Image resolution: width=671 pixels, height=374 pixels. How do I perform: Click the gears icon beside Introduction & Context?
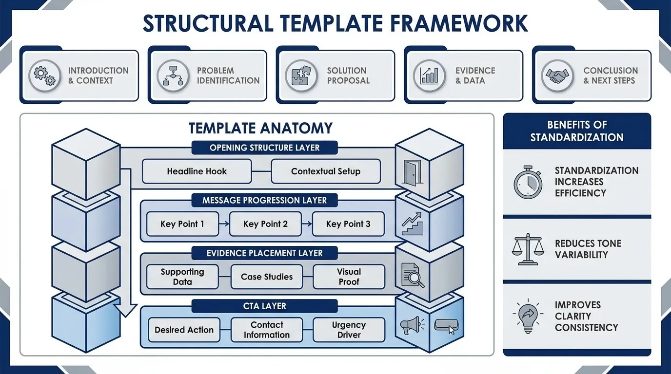coord(44,75)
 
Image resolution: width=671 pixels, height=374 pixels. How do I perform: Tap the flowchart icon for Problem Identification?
coord(173,75)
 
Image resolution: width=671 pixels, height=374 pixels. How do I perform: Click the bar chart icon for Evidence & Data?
coord(429,75)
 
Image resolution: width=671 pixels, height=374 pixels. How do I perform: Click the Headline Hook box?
coord(197,171)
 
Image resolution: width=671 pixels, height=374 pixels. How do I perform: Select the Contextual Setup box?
coord(325,171)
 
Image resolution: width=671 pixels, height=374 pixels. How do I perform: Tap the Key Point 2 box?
coord(265,224)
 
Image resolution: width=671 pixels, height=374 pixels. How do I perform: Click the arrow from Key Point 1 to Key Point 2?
coord(224,224)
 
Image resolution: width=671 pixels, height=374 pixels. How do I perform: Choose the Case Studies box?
coord(266,277)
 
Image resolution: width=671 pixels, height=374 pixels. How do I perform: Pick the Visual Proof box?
coord(349,277)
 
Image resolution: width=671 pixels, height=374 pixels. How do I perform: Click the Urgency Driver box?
coord(349,330)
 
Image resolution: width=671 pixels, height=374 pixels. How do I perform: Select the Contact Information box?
coord(266,330)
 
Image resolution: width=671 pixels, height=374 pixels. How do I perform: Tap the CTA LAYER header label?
coord(264,306)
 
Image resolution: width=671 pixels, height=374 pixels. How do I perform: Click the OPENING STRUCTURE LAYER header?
coord(264,148)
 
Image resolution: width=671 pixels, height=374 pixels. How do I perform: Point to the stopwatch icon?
coord(528,182)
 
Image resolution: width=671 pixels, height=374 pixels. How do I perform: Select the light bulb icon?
coord(528,316)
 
